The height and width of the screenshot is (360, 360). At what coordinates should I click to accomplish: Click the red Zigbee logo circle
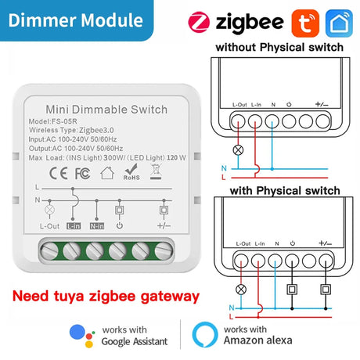pyautogui.click(x=199, y=22)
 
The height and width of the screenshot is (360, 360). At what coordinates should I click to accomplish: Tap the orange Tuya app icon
pyautogui.click(x=305, y=23)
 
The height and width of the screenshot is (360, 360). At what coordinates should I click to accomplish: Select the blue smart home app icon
pyautogui.click(x=339, y=23)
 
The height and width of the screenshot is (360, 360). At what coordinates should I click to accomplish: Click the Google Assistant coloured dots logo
pyautogui.click(x=82, y=336)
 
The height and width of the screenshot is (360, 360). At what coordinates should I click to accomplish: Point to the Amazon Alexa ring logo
pyautogui.click(x=205, y=335)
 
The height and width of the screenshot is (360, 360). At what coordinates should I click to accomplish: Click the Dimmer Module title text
pyautogui.click(x=76, y=20)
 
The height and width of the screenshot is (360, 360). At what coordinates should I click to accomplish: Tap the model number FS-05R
pyautogui.click(x=64, y=121)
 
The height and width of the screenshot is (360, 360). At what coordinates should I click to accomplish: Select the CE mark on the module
pyautogui.click(x=59, y=173)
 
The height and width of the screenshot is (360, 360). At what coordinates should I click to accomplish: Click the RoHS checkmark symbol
pyautogui.click(x=131, y=171)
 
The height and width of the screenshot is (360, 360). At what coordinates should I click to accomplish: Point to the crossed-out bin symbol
pyautogui.click(x=156, y=172)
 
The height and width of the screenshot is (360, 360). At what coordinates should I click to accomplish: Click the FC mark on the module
pyautogui.click(x=83, y=174)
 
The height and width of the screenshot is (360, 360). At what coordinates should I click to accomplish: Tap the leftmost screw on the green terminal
pyautogui.click(x=49, y=251)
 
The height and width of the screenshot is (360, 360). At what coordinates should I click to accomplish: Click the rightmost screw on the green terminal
pyautogui.click(x=164, y=251)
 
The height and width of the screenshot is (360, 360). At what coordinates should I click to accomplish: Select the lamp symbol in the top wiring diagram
pyautogui.click(x=238, y=150)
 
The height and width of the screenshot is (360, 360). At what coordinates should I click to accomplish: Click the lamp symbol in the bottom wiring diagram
pyautogui.click(x=241, y=290)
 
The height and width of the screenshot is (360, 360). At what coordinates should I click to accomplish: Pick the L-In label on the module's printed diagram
pyautogui.click(x=74, y=226)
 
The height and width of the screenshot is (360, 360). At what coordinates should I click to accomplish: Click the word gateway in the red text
pyautogui.click(x=170, y=297)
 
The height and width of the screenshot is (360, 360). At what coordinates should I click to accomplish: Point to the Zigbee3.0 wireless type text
pyautogui.click(x=96, y=130)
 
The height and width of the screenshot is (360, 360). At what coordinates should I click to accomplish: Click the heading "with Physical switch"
pyautogui.click(x=285, y=191)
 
